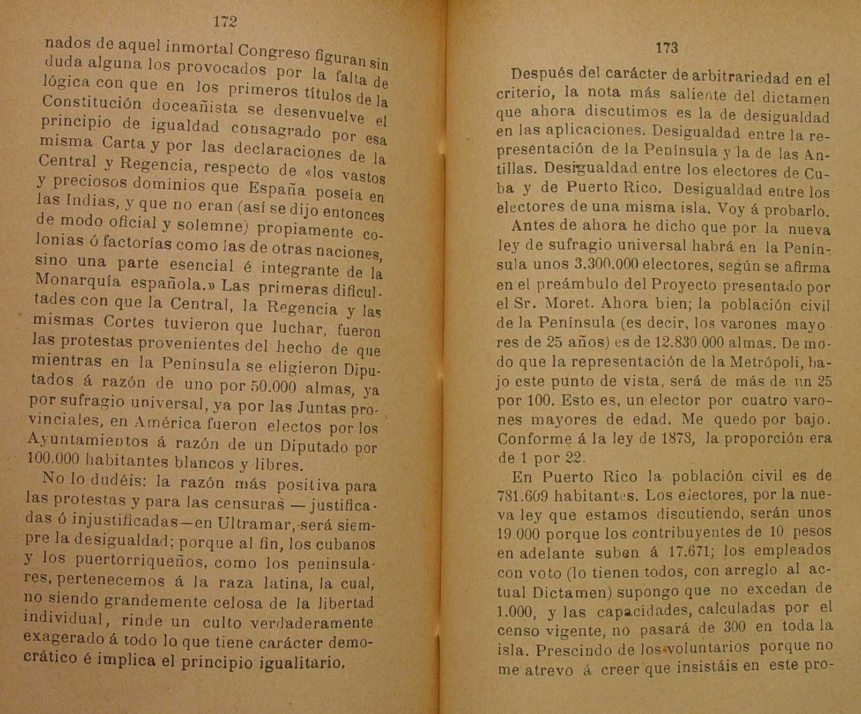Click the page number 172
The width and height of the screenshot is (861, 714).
pyautogui.click(x=225, y=21)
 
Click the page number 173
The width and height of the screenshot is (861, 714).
pyautogui.click(x=666, y=48)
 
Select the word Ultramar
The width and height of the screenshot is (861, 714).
pyautogui.click(x=246, y=523)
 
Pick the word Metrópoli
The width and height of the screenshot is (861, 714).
pyautogui.click(x=764, y=362)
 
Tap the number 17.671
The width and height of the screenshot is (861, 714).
pyautogui.click(x=674, y=552)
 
